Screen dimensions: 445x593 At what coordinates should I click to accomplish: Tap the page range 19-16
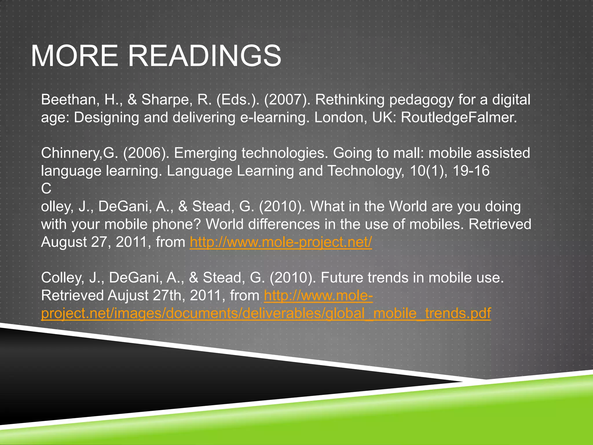[x=471, y=171]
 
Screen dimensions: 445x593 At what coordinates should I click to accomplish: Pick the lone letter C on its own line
[x=46, y=189]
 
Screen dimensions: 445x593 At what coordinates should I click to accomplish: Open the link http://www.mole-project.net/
[x=281, y=242]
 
